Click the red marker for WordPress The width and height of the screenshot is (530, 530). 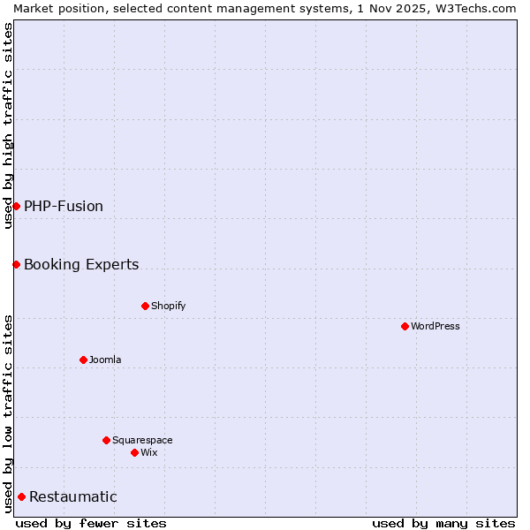click(x=405, y=326)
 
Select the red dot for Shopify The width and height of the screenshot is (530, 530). click(x=145, y=306)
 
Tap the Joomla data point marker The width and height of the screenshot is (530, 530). click(x=83, y=360)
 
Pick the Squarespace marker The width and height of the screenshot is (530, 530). click(x=106, y=440)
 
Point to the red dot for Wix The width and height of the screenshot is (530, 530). click(x=134, y=452)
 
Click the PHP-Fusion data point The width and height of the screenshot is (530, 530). click(x=16, y=206)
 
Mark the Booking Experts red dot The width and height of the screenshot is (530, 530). click(x=16, y=264)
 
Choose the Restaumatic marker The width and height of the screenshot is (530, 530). click(x=21, y=496)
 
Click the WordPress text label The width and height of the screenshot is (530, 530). click(x=435, y=326)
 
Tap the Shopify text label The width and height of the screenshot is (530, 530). click(x=168, y=306)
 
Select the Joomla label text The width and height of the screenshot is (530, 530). click(x=105, y=360)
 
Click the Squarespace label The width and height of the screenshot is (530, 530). click(x=142, y=440)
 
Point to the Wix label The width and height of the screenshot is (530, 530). click(x=148, y=452)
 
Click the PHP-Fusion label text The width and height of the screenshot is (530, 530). click(x=64, y=206)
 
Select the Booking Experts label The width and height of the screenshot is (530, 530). click(x=81, y=264)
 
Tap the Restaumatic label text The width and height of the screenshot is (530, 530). click(x=73, y=496)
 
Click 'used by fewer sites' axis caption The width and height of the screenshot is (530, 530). click(x=91, y=523)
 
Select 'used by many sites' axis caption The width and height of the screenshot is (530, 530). click(x=443, y=523)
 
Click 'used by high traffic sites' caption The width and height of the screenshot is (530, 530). click(x=8, y=125)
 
